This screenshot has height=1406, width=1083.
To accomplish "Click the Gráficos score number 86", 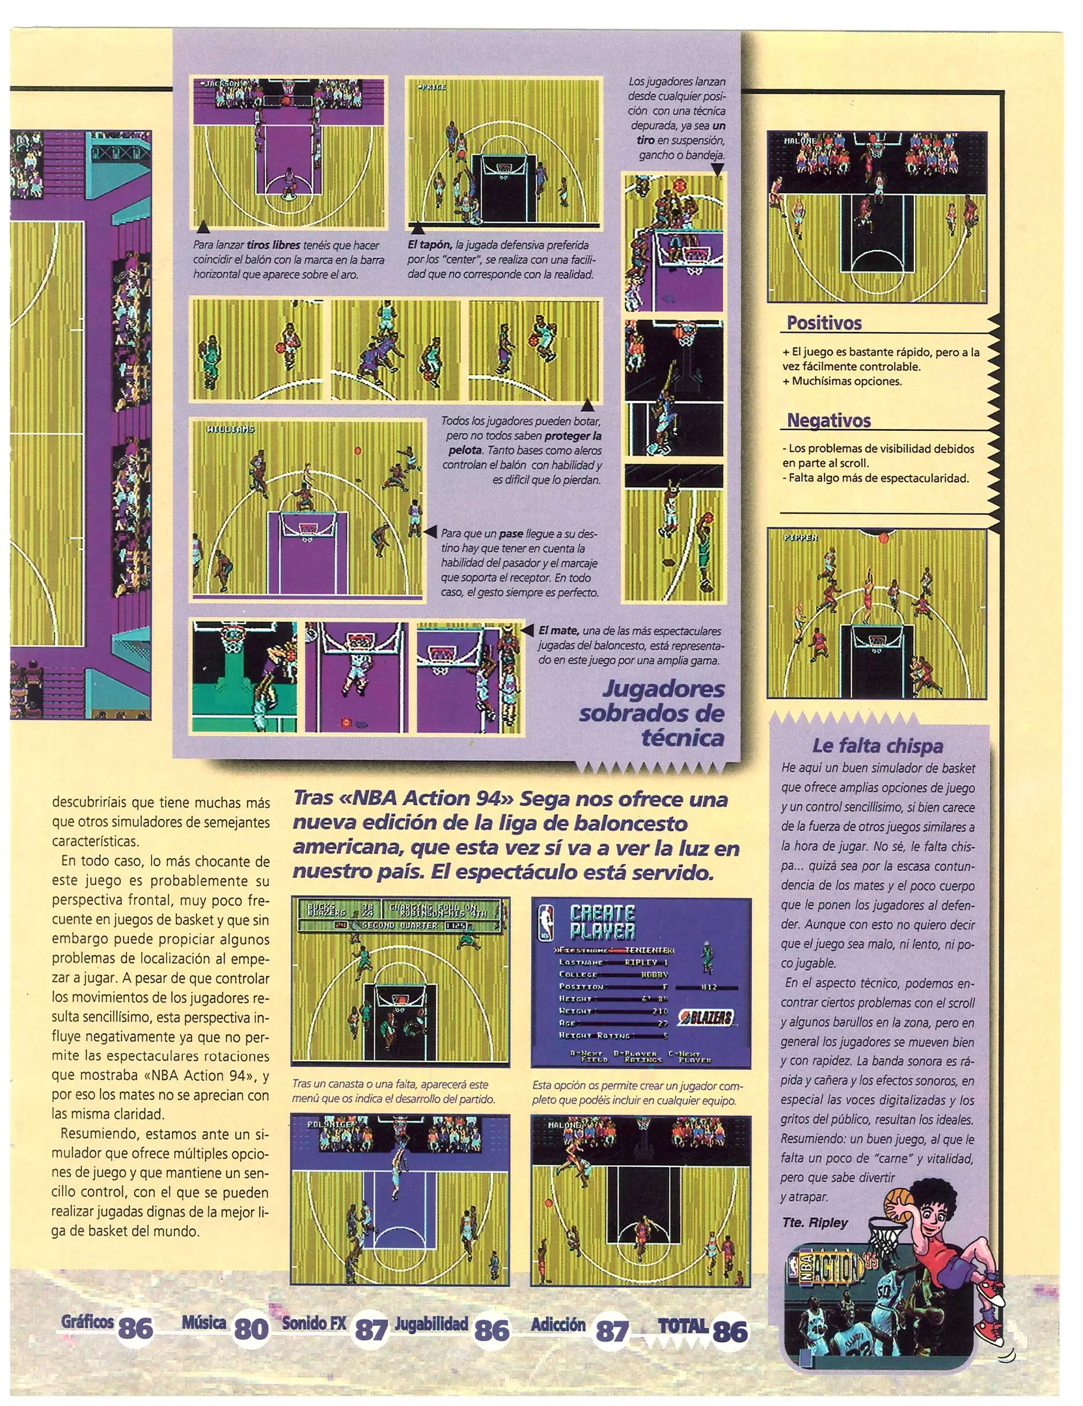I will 135,1329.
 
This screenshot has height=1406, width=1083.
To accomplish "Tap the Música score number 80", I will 251,1329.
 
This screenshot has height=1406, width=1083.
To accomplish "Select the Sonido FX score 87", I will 371,1330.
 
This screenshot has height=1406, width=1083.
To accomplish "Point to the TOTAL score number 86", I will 730,1332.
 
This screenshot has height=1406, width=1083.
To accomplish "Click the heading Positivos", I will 823,323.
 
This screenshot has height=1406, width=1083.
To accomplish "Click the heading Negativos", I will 829,420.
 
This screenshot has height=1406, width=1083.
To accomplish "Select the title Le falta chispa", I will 877,746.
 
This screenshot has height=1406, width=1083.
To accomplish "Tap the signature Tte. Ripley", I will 815,1222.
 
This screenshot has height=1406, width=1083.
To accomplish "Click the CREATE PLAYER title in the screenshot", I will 602,922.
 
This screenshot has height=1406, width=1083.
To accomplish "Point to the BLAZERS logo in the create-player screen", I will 706,1017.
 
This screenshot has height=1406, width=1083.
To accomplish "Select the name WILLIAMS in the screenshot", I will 230,430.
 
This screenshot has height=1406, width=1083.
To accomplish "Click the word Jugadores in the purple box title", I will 663,689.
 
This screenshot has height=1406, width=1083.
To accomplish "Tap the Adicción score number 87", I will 612,1330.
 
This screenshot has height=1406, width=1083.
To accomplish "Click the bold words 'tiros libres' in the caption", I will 273,245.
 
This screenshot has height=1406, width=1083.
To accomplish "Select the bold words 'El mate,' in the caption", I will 558,631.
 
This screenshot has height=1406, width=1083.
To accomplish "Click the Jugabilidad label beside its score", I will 432,1323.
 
